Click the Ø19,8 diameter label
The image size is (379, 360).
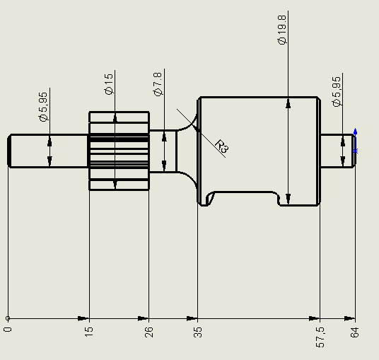(282, 30)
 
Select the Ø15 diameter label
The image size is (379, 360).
(109, 84)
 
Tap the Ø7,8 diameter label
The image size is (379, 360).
(158, 84)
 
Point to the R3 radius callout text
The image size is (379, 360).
(222, 146)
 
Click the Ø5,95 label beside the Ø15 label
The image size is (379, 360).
(43, 107)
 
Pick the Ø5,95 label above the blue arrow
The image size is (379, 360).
(337, 91)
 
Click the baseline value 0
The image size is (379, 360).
(8, 330)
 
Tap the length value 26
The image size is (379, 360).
(148, 332)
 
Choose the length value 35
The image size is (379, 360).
(197, 332)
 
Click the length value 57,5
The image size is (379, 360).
(320, 337)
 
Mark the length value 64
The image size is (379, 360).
(354, 332)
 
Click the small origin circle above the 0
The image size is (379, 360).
(8, 318)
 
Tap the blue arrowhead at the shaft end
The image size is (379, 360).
(355, 132)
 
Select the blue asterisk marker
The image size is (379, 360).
(355, 151)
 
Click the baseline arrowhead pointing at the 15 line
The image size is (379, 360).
(83, 318)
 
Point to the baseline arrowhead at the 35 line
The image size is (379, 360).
(192, 318)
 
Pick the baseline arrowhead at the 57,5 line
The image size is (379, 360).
(314, 318)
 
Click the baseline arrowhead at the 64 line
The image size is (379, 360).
(349, 318)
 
